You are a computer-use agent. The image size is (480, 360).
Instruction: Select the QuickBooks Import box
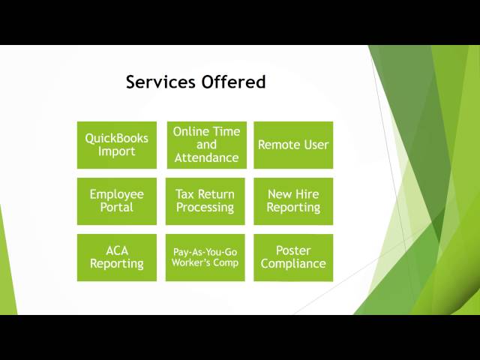coord(116,145)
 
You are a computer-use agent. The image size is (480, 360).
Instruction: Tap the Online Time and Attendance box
coord(205,145)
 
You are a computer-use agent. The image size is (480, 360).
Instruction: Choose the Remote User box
coord(293,145)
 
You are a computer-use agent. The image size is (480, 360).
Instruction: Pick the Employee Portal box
coord(116,201)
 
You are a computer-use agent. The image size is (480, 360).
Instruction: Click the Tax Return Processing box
coord(205,201)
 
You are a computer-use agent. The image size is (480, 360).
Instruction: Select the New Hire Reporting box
coord(293,201)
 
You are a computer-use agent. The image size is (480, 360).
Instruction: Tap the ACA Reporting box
coord(116,257)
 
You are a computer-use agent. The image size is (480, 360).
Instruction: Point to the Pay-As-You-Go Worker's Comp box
coord(205,257)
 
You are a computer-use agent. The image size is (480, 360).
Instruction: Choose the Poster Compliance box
coord(293,257)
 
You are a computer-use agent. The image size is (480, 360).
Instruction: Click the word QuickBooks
coord(116,138)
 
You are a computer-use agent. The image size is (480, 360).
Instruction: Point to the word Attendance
coord(206,158)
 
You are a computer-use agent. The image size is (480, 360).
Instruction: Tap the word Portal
coord(116,208)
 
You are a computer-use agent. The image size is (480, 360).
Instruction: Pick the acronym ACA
coord(116,250)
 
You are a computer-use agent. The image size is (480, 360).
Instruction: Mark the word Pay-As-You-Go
coord(205,252)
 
